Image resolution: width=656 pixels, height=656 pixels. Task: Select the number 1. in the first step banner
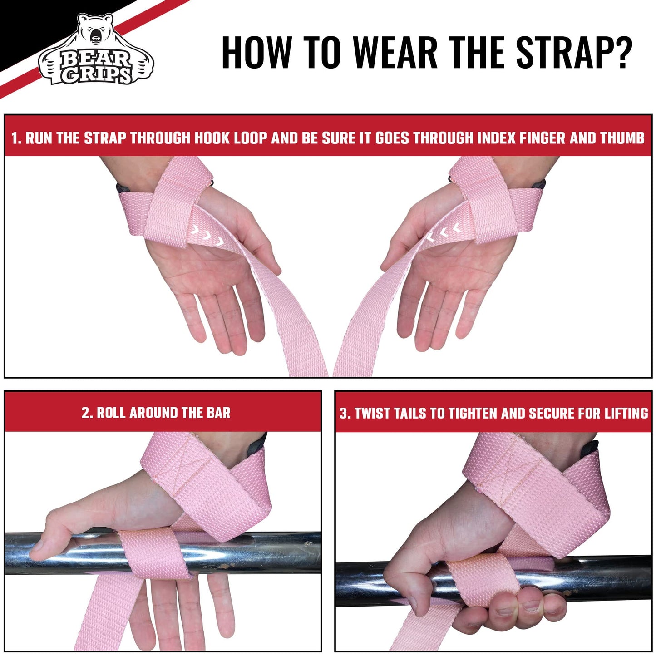pos(16,138)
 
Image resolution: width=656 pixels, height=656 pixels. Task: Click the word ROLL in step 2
pos(111,413)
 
